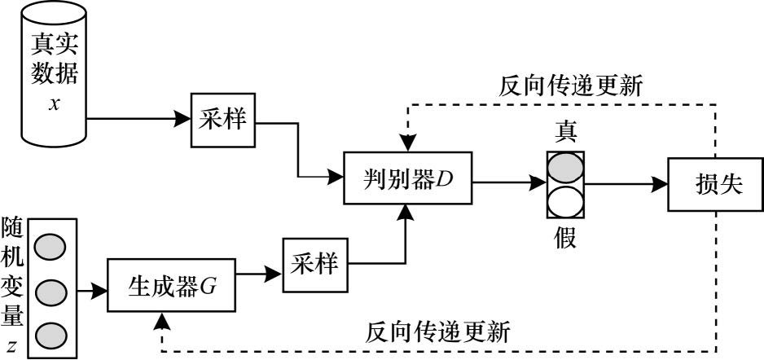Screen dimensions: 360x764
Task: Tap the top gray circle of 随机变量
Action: coord(51,245)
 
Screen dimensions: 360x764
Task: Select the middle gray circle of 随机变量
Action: coord(51,290)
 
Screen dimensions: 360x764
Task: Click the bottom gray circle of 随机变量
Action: coord(51,334)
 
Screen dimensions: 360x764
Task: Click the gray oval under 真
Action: coord(565,168)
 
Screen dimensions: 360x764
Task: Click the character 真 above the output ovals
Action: coord(565,132)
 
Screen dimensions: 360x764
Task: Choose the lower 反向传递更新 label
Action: coord(438,331)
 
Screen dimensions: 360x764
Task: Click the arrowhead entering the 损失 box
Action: coord(661,185)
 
